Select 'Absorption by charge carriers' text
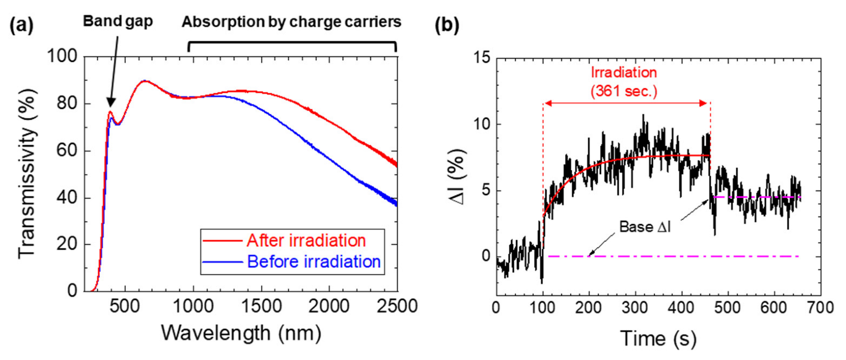[x=291, y=23]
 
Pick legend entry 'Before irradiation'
[x=313, y=261]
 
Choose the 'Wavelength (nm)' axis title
[x=241, y=333]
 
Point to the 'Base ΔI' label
[x=644, y=227]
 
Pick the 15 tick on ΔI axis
[x=481, y=57]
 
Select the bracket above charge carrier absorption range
[x=292, y=43]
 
